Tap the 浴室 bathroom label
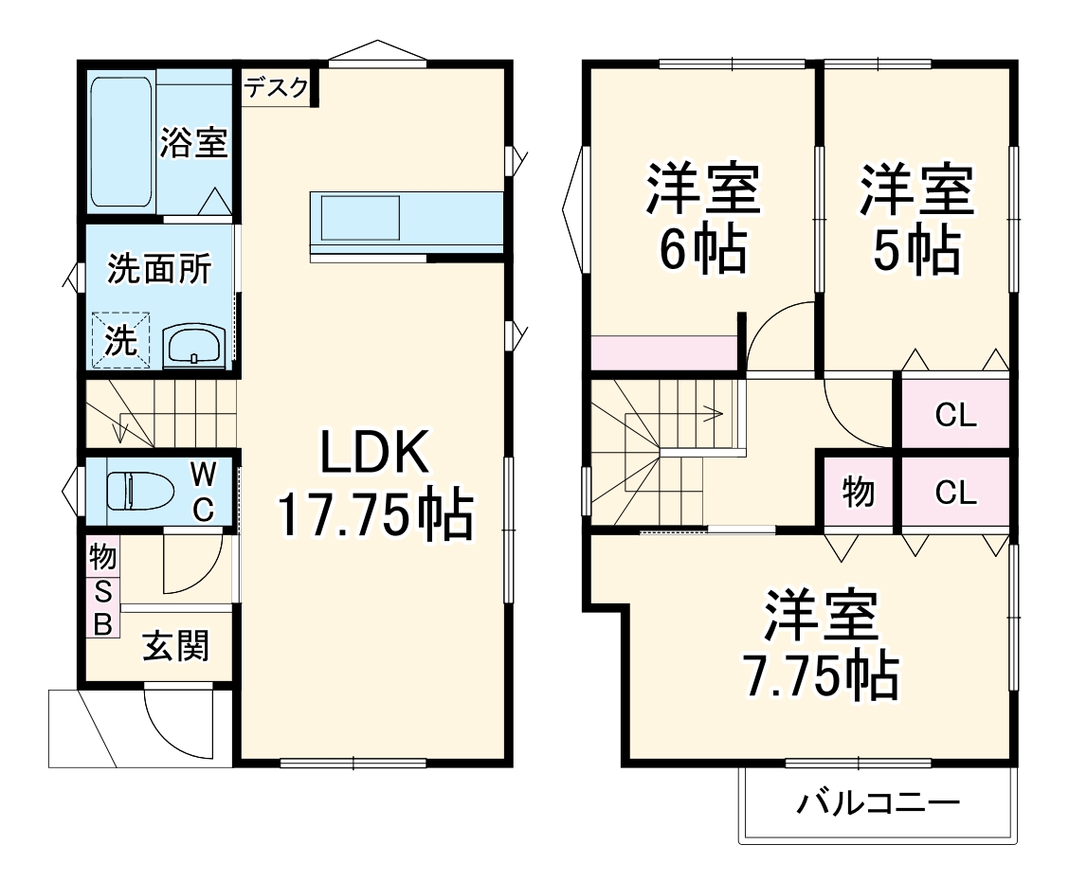[x=193, y=142]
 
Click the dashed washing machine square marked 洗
[x=120, y=339]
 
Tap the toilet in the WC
[x=139, y=492]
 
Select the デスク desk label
[x=277, y=88]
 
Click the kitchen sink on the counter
[x=360, y=217]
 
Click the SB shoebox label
[x=103, y=608]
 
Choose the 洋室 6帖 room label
[x=703, y=217]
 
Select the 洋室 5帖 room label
[x=915, y=217]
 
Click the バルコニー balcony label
[x=878, y=804]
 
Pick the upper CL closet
[x=955, y=414]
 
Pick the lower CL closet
[x=955, y=493]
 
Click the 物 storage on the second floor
[x=859, y=493]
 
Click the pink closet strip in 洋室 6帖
[x=663, y=352]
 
